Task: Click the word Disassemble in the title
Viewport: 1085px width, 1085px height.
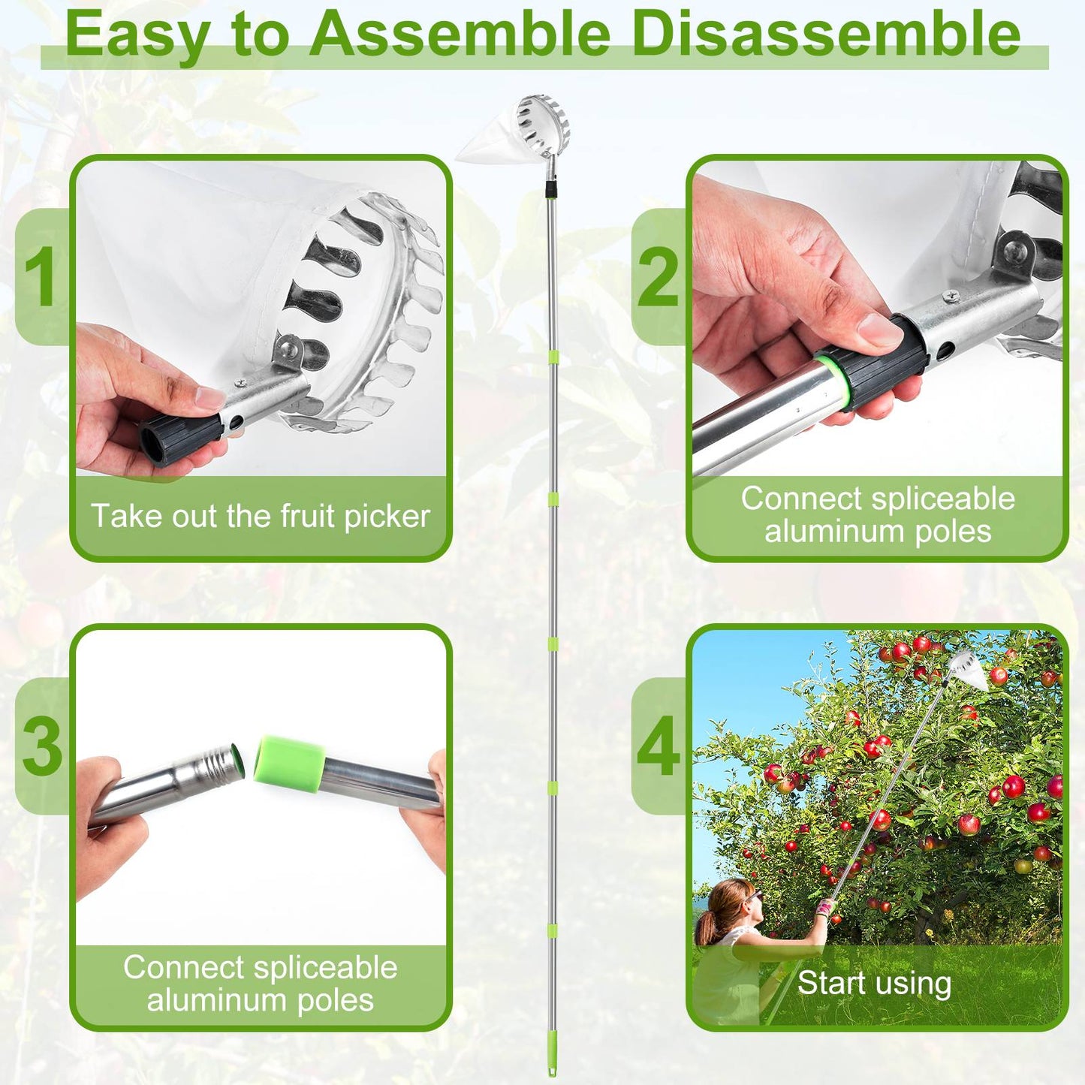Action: (x=826, y=34)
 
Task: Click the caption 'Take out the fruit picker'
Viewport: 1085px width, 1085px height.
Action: (x=261, y=517)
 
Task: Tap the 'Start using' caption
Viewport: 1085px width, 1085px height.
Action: (x=874, y=983)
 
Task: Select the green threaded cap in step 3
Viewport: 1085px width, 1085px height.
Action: (x=290, y=761)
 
